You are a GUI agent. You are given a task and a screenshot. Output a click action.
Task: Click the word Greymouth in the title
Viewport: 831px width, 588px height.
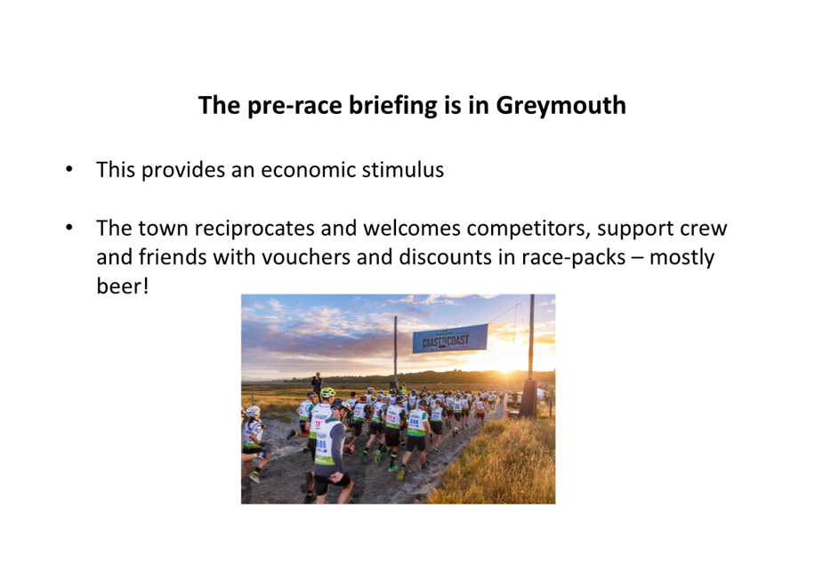(561, 106)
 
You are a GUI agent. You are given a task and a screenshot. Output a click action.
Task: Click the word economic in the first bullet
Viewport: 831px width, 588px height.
(307, 170)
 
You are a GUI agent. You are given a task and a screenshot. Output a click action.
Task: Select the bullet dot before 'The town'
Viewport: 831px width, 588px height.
(69, 227)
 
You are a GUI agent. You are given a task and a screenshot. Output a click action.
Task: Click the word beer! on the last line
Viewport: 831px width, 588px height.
(123, 286)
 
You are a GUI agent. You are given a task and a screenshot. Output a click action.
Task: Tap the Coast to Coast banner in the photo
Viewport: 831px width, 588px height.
(450, 338)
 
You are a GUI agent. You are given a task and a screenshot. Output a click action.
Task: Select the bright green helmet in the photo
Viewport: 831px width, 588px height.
(327, 392)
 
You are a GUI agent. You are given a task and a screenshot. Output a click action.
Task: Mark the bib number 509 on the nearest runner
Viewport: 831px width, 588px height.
(321, 445)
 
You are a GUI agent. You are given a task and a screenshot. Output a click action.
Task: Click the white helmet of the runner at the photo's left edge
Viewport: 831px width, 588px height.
(253, 411)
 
